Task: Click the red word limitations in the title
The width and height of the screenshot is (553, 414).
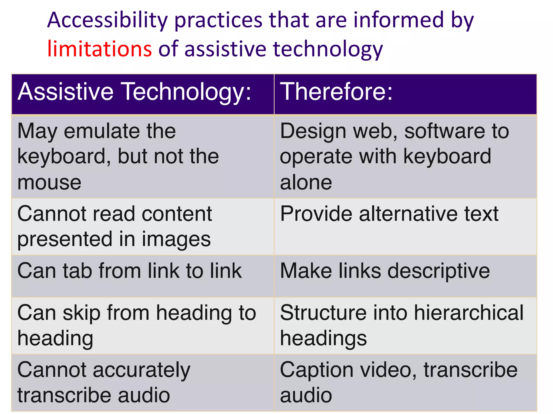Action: click(x=99, y=49)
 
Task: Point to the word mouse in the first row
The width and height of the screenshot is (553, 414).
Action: click(x=49, y=182)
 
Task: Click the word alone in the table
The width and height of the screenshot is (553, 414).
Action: click(x=306, y=182)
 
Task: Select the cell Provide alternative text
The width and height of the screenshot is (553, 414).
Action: click(x=389, y=214)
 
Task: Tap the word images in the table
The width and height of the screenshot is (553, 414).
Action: click(x=176, y=239)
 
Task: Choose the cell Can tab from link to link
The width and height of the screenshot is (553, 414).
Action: click(x=129, y=271)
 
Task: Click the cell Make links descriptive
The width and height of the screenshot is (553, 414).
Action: click(x=385, y=271)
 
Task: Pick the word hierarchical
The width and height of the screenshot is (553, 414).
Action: click(x=469, y=313)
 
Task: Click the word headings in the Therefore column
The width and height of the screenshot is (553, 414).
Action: click(x=323, y=338)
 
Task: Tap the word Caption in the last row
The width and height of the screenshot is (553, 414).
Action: click(x=317, y=370)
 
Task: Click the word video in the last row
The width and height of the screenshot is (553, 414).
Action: click(x=388, y=370)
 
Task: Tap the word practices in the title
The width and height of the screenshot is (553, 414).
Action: click(x=218, y=20)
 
